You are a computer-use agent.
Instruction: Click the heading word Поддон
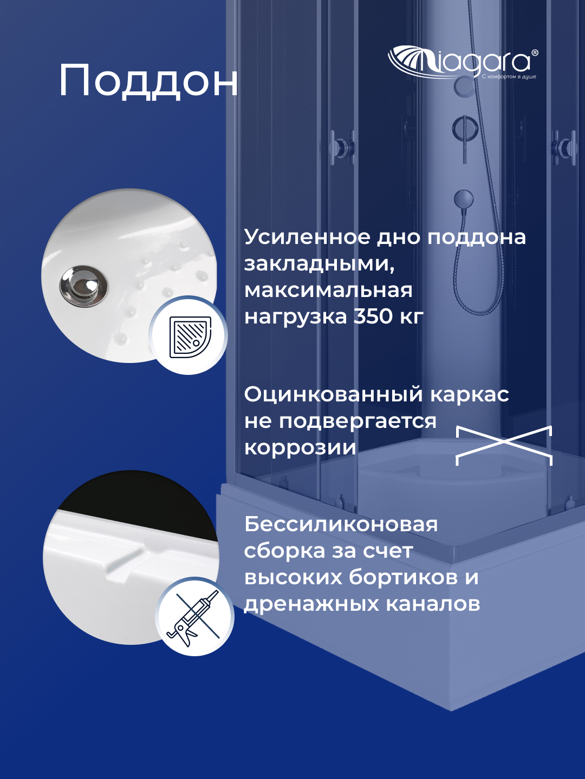pyautogui.click(x=148, y=81)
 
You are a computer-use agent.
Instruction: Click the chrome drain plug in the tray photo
pyautogui.click(x=83, y=285)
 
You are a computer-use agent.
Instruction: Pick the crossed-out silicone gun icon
pyautogui.click(x=194, y=617)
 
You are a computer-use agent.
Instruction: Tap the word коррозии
pyautogui.click(x=300, y=448)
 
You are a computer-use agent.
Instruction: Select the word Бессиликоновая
pyautogui.click(x=341, y=524)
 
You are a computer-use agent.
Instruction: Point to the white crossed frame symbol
pyautogui.click(x=504, y=445)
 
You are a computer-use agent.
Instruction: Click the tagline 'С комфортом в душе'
pyautogui.click(x=509, y=77)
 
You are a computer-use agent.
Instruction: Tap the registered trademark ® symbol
pyautogui.click(x=535, y=53)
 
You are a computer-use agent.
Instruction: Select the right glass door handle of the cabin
pyautogui.click(x=564, y=147)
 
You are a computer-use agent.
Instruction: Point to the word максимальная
pyautogui.click(x=328, y=291)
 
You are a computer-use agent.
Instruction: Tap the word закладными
pyautogui.click(x=319, y=264)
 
